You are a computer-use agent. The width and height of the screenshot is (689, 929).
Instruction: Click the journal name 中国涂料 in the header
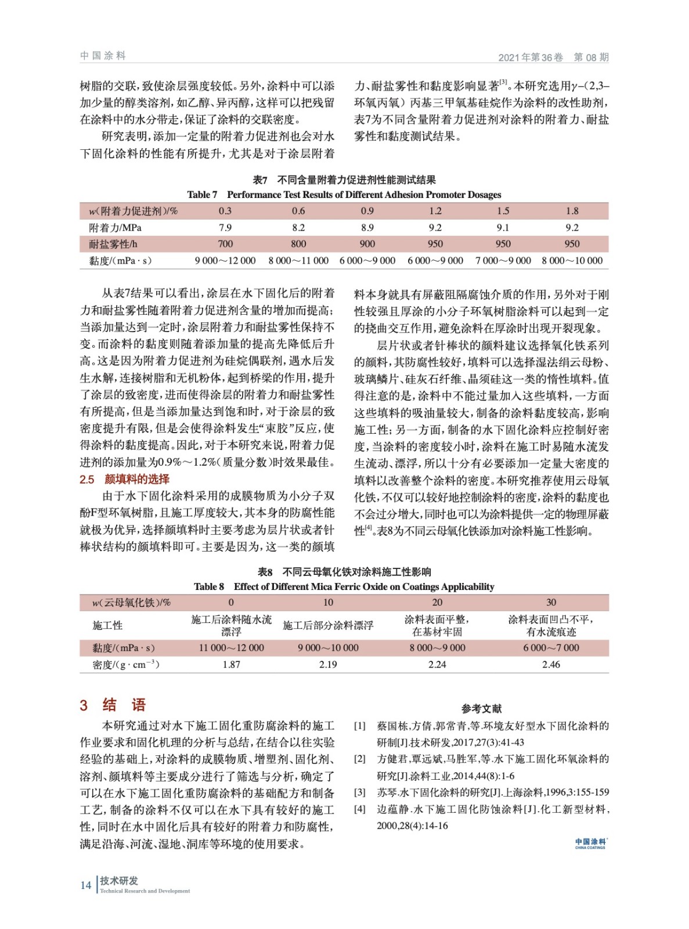pyautogui.click(x=103, y=56)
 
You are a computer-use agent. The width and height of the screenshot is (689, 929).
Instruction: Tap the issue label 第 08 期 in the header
pyautogui.click(x=591, y=57)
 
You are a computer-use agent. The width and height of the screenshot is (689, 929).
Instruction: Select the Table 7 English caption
pyautogui.click(x=344, y=195)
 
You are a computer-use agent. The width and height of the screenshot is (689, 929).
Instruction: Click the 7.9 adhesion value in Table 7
pyautogui.click(x=225, y=228)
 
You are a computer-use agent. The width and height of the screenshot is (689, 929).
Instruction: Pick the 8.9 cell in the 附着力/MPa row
pyautogui.click(x=367, y=228)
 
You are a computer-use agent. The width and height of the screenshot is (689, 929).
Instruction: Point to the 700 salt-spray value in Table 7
pyautogui.click(x=225, y=244)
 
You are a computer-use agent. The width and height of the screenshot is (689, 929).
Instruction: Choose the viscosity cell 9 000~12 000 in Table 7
pyautogui.click(x=225, y=261)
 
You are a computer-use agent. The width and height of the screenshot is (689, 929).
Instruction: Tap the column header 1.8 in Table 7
pyautogui.click(x=572, y=211)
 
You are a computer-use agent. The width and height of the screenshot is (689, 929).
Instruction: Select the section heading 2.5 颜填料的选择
pyautogui.click(x=125, y=479)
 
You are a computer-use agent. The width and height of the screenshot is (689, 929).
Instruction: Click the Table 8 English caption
pyautogui.click(x=344, y=586)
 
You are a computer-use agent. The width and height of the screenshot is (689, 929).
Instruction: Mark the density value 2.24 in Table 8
pyautogui.click(x=437, y=664)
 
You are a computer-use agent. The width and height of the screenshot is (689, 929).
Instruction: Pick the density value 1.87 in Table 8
pyautogui.click(x=231, y=664)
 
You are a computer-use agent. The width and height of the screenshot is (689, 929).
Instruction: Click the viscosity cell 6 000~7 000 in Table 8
pyautogui.click(x=551, y=647)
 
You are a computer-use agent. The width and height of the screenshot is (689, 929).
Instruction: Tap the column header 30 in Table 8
pyautogui.click(x=551, y=602)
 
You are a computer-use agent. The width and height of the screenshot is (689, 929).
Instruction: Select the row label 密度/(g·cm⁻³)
pyautogui.click(x=126, y=664)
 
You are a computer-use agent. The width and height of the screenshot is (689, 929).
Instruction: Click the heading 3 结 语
pyautogui.click(x=113, y=705)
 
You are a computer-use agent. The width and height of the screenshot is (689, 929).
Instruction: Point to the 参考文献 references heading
pyautogui.click(x=481, y=708)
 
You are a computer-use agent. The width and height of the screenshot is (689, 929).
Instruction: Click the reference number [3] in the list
pyautogui.click(x=360, y=792)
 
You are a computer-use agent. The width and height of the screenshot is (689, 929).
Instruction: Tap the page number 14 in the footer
pyautogui.click(x=86, y=885)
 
